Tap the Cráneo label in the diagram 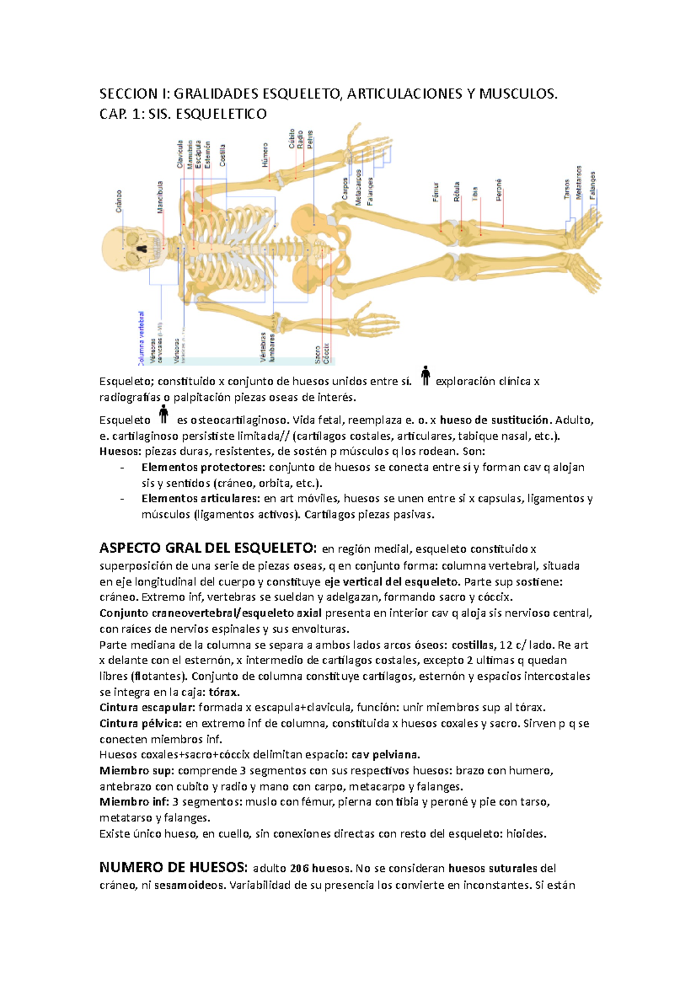click(119, 201)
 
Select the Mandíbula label click(160, 197)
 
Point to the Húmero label click(266, 155)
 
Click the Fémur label click(436, 192)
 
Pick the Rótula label click(456, 192)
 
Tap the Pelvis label click(310, 140)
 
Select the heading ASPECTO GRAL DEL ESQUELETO click(208, 549)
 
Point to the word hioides click(525, 834)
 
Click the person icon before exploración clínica click(425, 376)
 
